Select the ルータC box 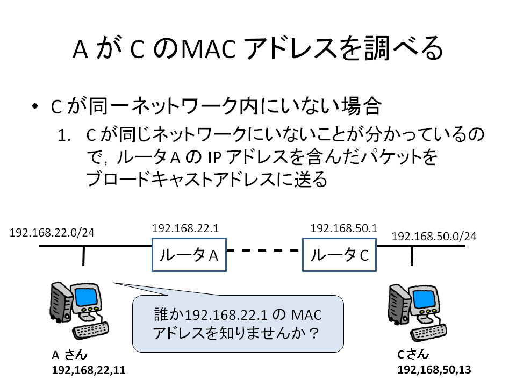tap(339, 255)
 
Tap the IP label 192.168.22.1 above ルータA tap(185, 228)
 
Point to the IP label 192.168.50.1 tap(344, 228)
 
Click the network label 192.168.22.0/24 tap(52, 233)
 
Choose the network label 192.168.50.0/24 tap(434, 236)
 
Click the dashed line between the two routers tap(263, 250)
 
